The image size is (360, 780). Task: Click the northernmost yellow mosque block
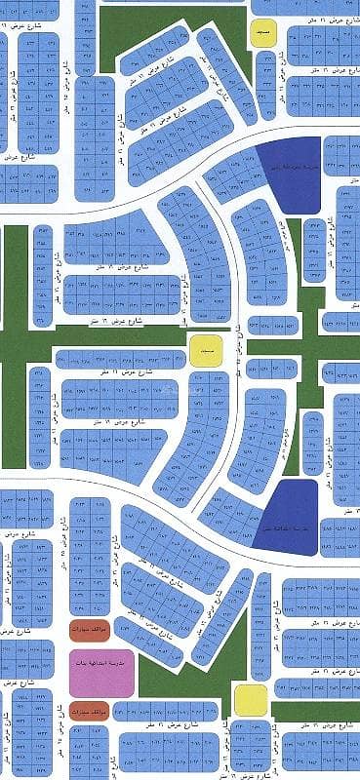263,33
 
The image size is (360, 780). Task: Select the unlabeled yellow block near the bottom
251,699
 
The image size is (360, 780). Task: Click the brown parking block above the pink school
89,630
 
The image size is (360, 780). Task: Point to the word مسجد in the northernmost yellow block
263,33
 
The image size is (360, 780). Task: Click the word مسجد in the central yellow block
205,348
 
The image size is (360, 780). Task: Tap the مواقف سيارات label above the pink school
89,630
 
